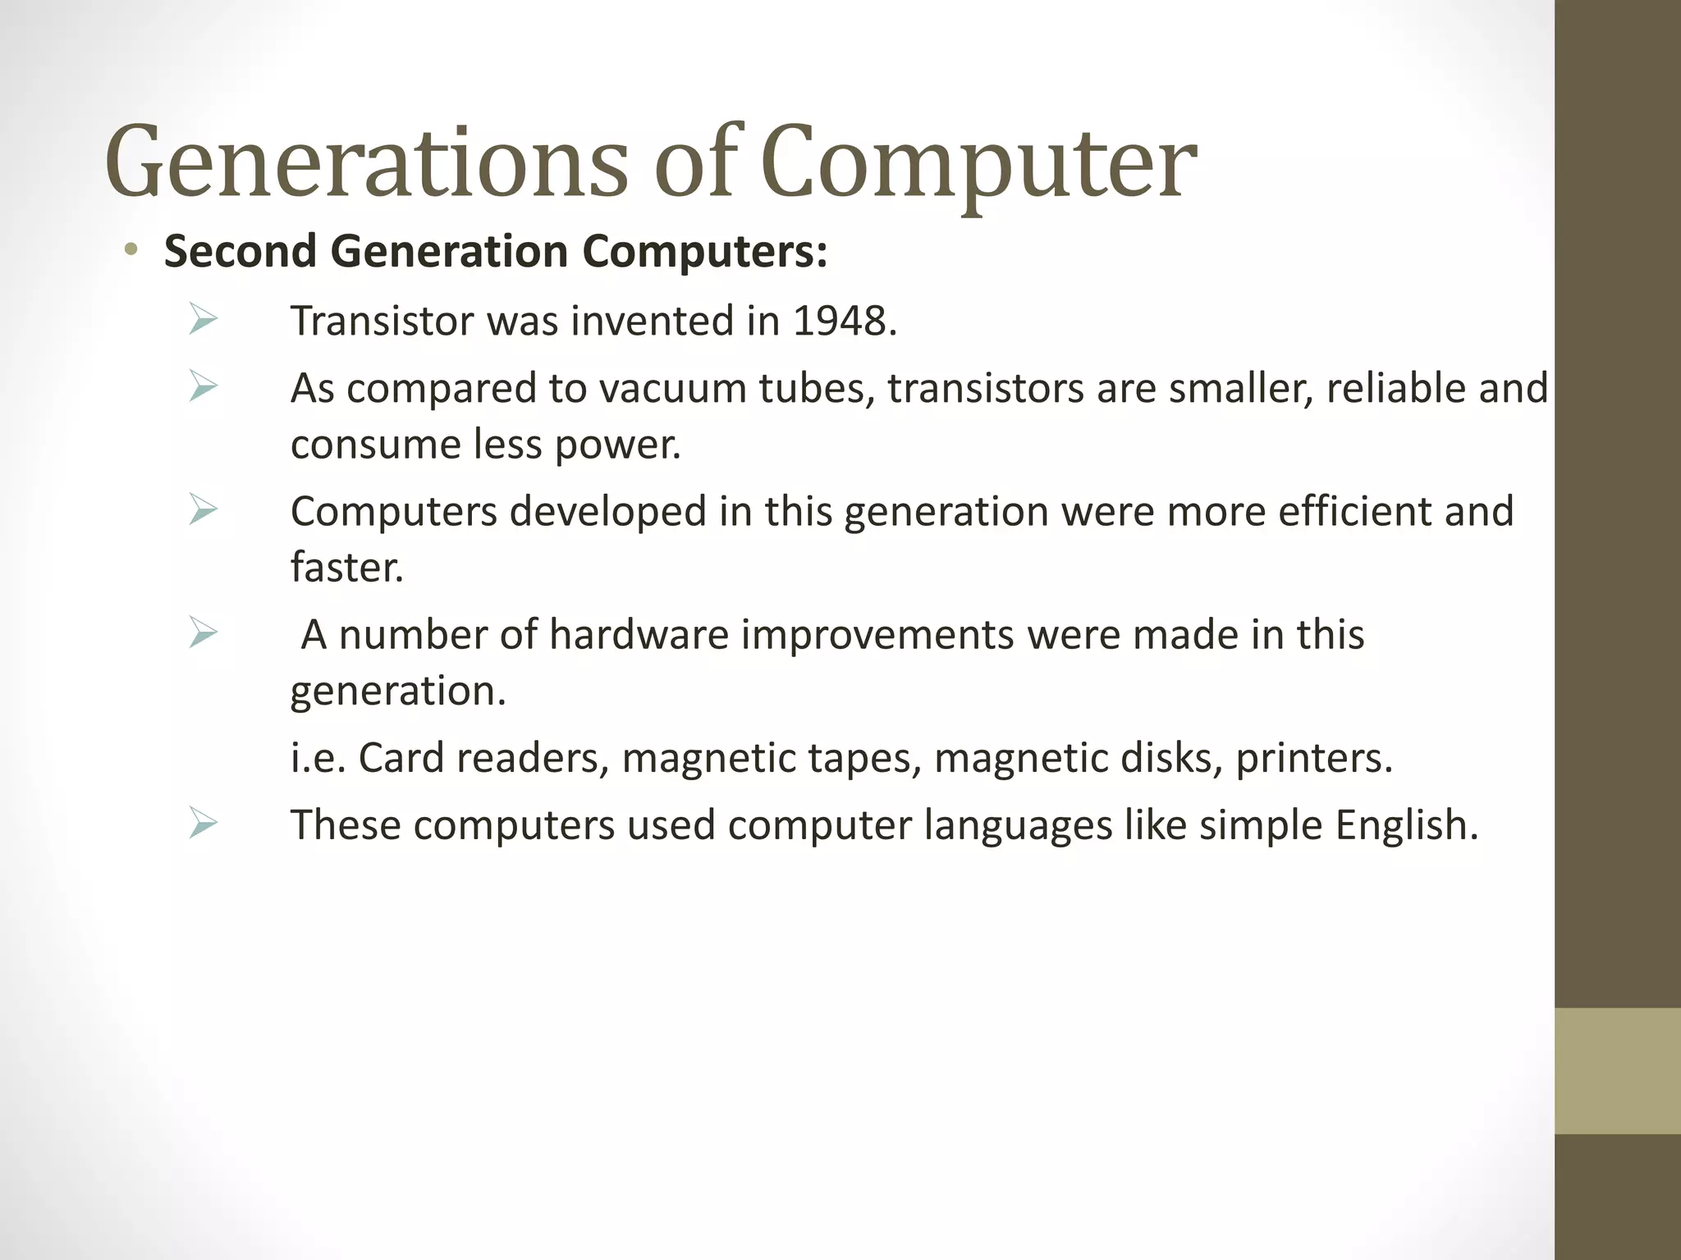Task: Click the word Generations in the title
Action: click(365, 162)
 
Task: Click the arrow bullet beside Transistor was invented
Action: click(202, 319)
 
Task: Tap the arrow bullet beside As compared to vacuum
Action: click(202, 386)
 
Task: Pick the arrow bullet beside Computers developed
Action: click(202, 509)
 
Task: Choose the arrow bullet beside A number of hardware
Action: click(202, 632)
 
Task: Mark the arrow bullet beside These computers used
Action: click(202, 823)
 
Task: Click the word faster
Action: click(346, 568)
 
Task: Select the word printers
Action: click(1313, 758)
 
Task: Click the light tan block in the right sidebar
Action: click(1617, 1071)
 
